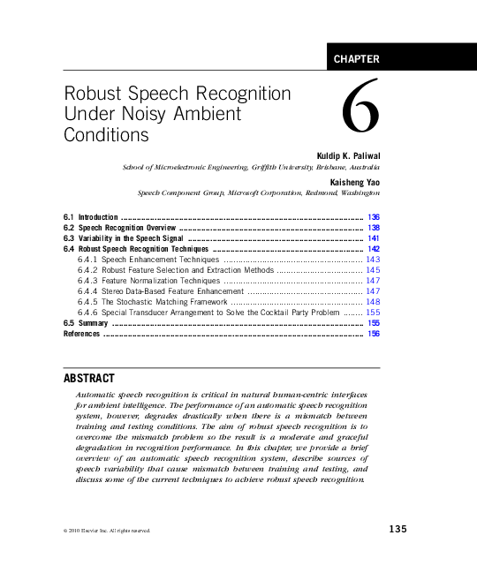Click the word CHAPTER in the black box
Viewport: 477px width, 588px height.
357,60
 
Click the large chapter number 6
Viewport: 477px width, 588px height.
360,115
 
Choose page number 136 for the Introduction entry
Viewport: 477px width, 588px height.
374,217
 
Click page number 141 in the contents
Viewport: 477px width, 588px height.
374,238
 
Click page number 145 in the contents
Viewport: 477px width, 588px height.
373,271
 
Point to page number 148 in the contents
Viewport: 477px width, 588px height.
373,302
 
